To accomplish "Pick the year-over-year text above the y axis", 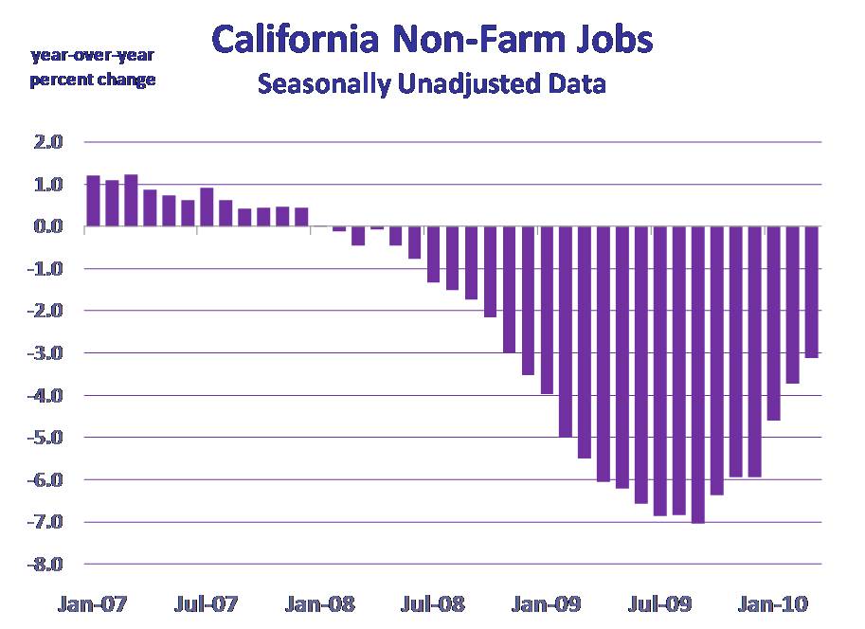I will click(x=92, y=55).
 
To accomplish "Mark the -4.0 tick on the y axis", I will click(x=46, y=395).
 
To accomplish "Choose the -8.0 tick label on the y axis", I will click(x=46, y=565).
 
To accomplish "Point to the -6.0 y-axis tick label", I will click(x=46, y=480).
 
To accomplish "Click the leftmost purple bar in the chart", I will click(x=93, y=202).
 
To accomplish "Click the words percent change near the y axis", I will click(x=92, y=80).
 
